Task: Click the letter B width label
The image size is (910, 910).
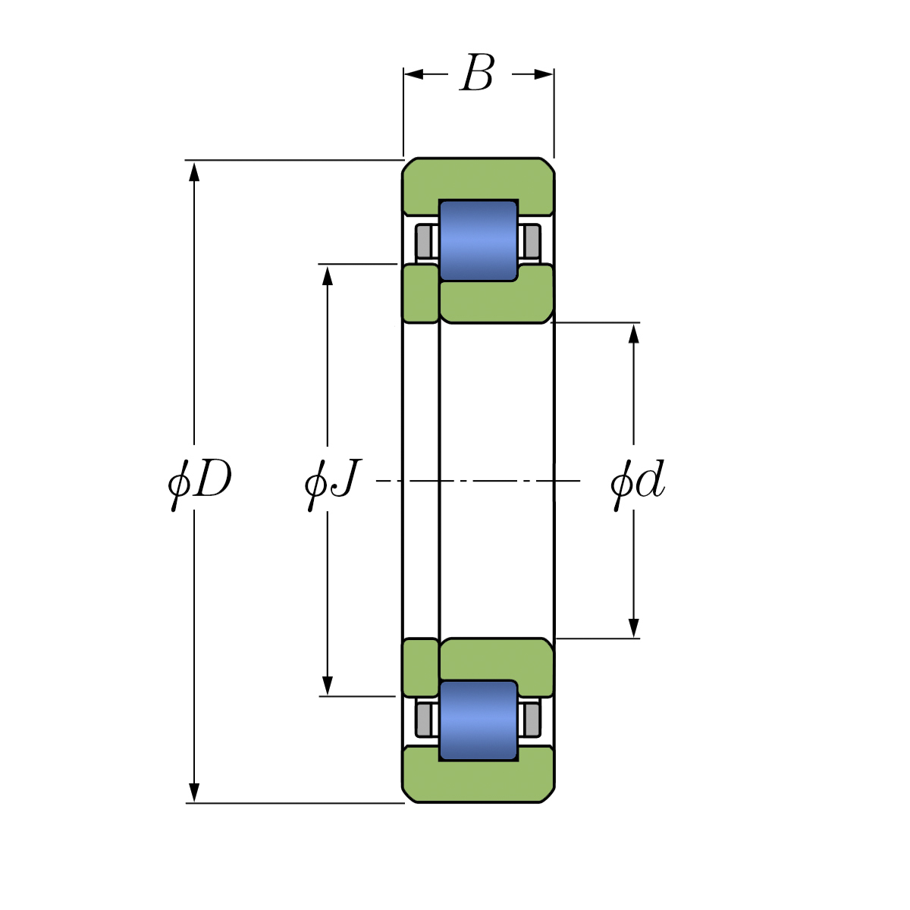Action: (x=478, y=74)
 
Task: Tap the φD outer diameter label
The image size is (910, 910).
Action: (x=199, y=481)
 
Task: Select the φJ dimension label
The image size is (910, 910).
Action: (x=331, y=481)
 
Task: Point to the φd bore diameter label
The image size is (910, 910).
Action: (x=637, y=481)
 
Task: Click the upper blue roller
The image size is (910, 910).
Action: (x=479, y=240)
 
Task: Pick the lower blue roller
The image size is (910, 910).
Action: (x=479, y=720)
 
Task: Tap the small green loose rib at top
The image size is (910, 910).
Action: (x=420, y=293)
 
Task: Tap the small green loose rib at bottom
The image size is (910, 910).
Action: (x=420, y=667)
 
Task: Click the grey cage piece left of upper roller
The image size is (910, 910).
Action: (x=425, y=241)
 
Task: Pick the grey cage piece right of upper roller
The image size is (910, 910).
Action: (x=532, y=241)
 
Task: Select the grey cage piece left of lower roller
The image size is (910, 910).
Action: (x=425, y=719)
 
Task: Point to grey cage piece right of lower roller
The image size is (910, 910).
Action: (x=532, y=719)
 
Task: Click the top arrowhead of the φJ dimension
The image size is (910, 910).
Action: (x=328, y=275)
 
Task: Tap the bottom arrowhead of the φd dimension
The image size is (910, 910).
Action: (x=634, y=628)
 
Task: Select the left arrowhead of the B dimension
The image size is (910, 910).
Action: (x=413, y=74)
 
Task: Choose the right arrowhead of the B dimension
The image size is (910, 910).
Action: (x=544, y=74)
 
